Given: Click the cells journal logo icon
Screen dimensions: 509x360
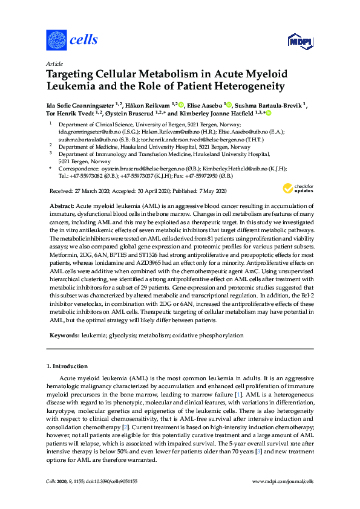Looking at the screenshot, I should (56, 40).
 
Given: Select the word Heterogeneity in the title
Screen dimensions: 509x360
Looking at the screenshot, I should (247, 86).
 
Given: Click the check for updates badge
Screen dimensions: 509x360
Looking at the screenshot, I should (293, 189).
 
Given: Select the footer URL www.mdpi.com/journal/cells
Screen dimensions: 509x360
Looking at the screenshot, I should (282, 481).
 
